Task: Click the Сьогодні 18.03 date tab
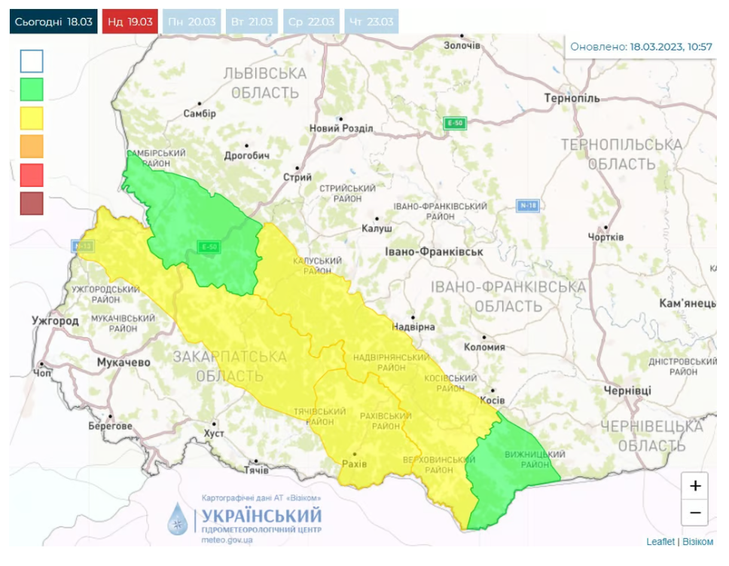[x=53, y=21]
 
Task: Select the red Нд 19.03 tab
[x=130, y=21]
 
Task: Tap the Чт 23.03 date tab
[x=371, y=21]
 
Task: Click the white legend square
[x=32, y=61]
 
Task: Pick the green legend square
[x=32, y=90]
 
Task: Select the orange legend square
[x=32, y=146]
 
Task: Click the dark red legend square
[x=32, y=203]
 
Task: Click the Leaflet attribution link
[x=660, y=541]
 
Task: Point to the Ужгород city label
[x=55, y=321]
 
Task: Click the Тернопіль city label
[x=572, y=99]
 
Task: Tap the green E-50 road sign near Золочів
[x=454, y=123]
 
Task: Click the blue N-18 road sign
[x=529, y=205]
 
